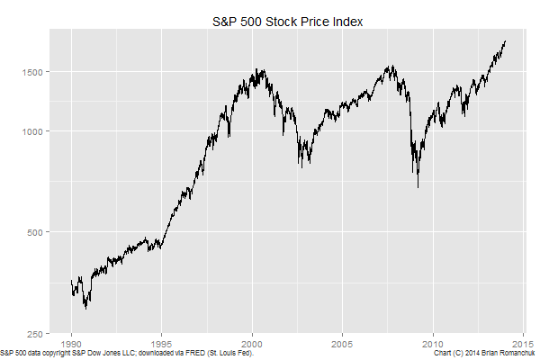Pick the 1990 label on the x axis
tap(72, 343)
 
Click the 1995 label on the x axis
tap(162, 343)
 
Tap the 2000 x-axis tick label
tap(252, 343)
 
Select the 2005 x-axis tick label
tap(342, 343)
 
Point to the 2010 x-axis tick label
tap(434, 343)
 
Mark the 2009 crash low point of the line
tap(418, 186)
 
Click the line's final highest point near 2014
tap(505, 41)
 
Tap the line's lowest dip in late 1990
tap(85, 308)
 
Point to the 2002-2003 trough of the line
tap(301, 166)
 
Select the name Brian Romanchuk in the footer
tap(508, 354)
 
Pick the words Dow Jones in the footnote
tap(94, 354)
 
